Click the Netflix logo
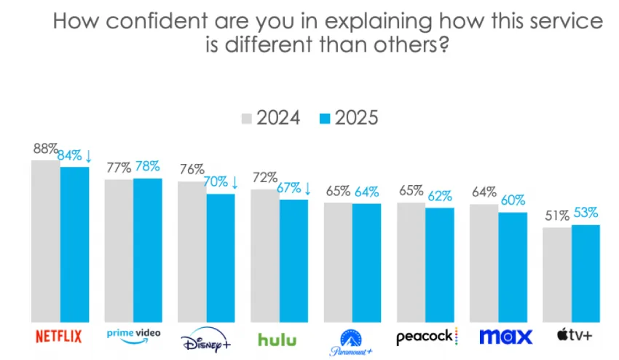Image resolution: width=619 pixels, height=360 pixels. [59, 337]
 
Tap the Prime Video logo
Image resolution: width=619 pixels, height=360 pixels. [133, 334]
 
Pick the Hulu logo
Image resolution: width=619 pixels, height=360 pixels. [277, 339]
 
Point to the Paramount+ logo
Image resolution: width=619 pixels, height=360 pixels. [351, 340]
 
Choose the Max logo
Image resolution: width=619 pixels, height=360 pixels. [505, 337]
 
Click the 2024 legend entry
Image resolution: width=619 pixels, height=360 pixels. [270, 118]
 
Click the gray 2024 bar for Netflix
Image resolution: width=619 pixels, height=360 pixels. [45, 240]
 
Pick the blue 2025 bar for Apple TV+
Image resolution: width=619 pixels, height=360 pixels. [586, 273]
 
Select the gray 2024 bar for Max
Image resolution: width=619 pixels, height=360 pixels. [484, 262]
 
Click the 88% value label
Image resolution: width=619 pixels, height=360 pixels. [45, 149]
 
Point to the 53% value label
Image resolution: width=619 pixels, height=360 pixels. [585, 213]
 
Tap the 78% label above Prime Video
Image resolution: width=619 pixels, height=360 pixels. [147, 166]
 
